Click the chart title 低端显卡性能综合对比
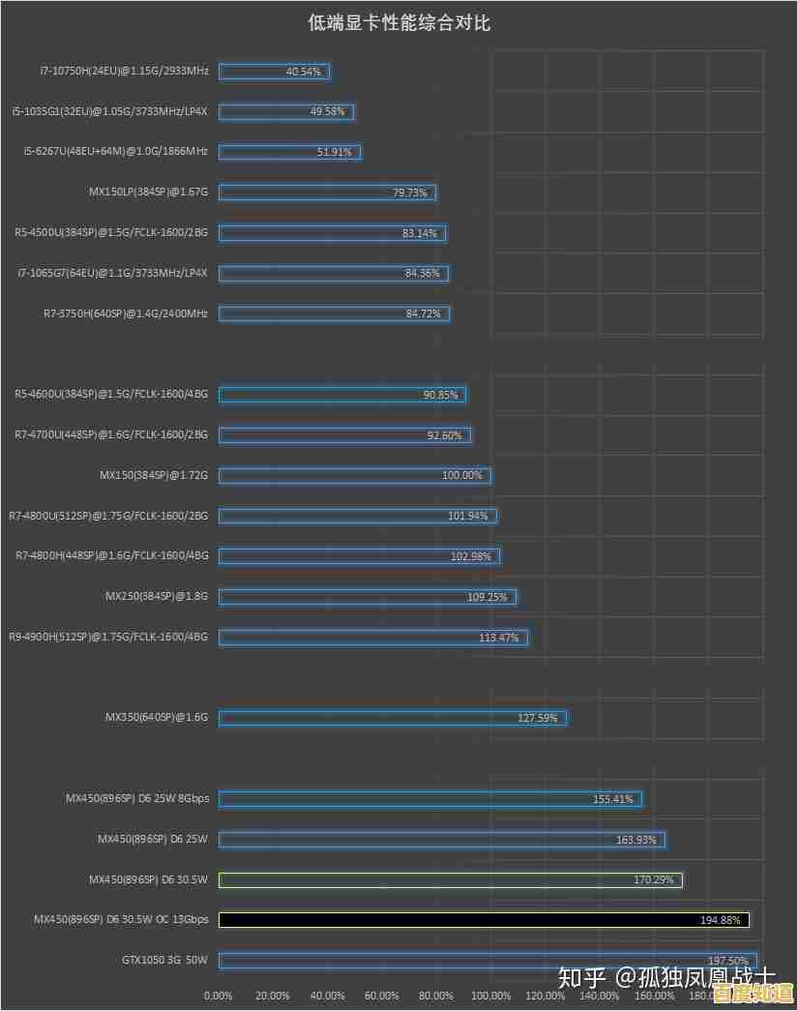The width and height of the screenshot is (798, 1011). click(399, 23)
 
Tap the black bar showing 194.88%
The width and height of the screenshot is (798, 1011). click(484, 920)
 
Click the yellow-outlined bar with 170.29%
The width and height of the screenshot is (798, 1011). click(451, 879)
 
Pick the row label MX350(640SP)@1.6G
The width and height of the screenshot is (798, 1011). click(157, 718)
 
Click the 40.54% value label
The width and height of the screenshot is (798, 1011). click(303, 72)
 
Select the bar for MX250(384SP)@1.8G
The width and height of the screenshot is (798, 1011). click(368, 597)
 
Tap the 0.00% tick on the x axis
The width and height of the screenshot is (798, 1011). click(219, 996)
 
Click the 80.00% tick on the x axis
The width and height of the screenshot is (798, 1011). click(436, 996)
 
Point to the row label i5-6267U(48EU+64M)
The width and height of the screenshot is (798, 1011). click(115, 152)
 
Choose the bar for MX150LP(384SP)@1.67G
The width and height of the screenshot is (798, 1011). click(327, 193)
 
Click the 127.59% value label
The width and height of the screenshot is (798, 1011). click(538, 718)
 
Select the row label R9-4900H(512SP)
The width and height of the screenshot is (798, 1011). click(108, 638)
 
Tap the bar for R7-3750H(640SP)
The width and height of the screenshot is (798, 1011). click(334, 313)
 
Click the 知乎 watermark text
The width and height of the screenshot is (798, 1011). click(582, 977)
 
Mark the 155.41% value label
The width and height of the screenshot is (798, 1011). click(613, 799)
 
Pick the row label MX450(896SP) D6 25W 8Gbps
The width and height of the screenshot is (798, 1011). click(137, 799)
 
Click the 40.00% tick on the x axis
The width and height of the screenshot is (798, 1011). click(328, 996)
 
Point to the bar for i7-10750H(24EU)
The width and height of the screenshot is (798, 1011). click(274, 72)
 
